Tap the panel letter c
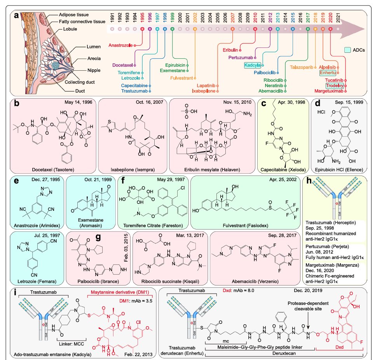(263, 104)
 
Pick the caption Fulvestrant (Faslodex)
(244, 223)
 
